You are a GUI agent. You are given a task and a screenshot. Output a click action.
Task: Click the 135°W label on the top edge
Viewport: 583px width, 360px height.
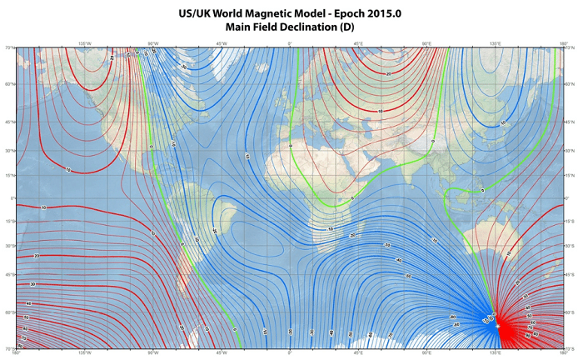(84, 43)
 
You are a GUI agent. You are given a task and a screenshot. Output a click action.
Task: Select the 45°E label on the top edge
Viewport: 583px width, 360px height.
(357, 43)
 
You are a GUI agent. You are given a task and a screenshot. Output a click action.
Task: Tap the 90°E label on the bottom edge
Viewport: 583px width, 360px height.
(426, 353)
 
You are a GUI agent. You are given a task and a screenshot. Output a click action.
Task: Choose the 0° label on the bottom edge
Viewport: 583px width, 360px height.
(289, 353)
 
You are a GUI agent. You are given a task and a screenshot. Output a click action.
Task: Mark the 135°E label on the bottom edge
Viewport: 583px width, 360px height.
(494, 353)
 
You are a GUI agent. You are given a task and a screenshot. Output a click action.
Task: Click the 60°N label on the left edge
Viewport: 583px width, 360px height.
(10, 84)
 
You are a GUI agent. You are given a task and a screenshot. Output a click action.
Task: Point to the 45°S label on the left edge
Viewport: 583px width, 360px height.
(10, 275)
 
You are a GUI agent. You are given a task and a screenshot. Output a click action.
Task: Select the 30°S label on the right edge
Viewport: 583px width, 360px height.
(571, 246)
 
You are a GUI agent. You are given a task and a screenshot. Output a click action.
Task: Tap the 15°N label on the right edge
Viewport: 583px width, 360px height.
(571, 176)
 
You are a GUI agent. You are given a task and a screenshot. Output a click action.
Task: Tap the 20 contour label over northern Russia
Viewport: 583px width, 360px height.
(388, 74)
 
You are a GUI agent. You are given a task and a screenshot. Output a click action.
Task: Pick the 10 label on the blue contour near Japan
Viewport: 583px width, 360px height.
(502, 123)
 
